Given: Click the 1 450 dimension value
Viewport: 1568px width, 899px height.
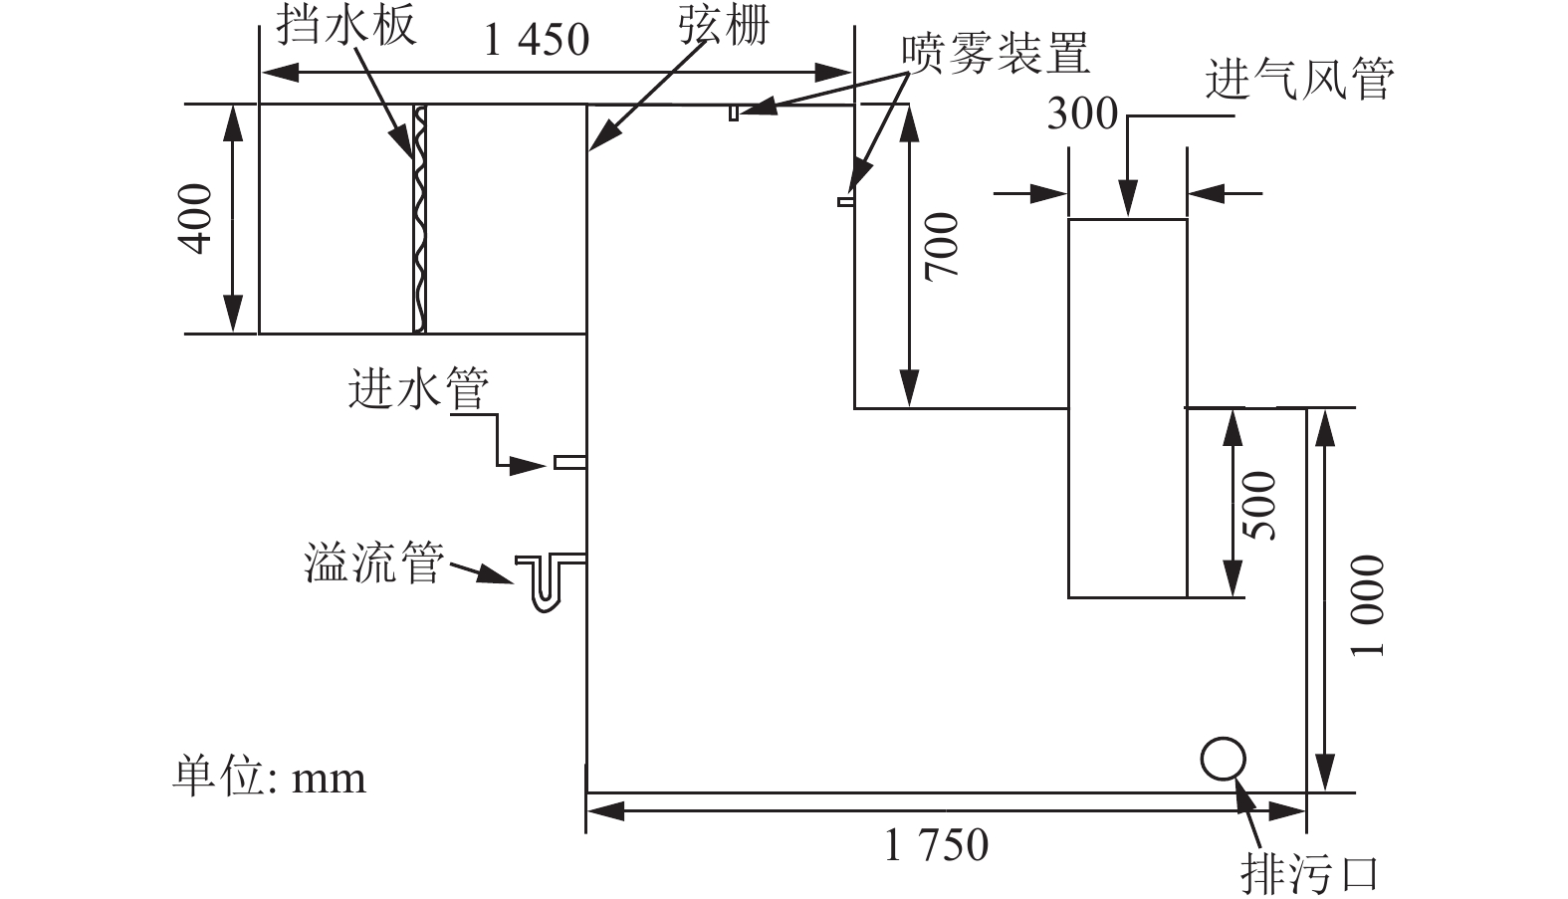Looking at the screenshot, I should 537,40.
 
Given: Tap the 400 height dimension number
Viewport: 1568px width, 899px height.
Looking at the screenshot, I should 197,219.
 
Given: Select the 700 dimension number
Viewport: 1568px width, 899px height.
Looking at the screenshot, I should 941,246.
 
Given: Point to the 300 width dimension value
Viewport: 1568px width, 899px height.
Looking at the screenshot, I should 1082,113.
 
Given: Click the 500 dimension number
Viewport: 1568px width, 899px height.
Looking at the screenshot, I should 1260,505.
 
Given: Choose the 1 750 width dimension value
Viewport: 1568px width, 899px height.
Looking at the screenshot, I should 937,845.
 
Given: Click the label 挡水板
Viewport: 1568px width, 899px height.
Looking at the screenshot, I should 345,24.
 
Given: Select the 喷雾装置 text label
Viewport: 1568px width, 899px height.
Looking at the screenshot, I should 996,54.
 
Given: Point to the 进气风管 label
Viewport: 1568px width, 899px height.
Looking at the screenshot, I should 1299,79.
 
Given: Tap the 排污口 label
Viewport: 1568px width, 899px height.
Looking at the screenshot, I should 1310,873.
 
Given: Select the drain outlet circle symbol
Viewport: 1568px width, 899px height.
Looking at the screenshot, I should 1223,759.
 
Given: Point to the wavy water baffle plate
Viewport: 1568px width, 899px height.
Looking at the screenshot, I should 419,219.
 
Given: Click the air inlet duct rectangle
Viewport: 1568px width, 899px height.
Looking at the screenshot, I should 1127,408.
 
